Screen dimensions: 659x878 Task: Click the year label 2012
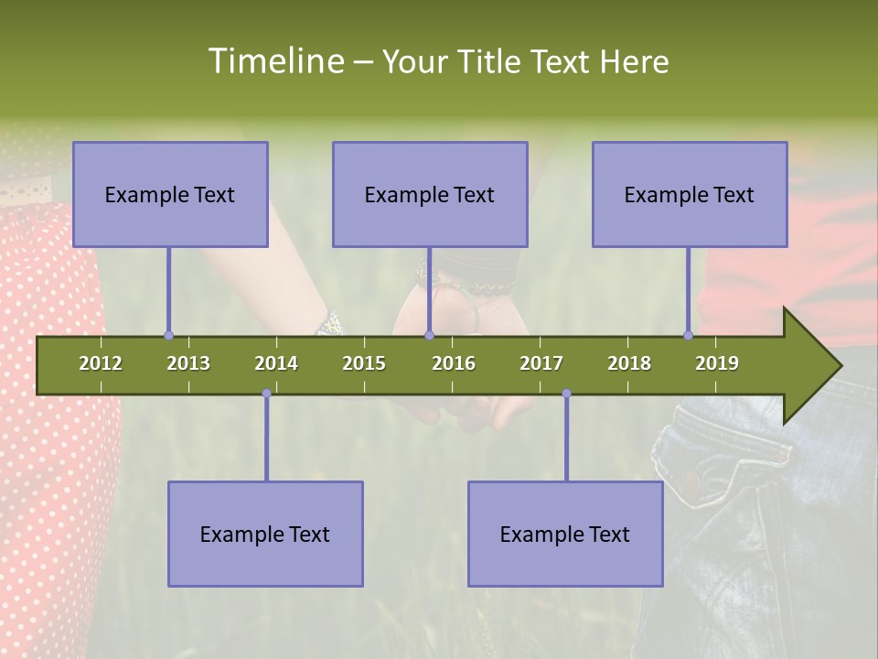[x=101, y=363]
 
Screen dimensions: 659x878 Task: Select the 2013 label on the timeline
[x=188, y=363]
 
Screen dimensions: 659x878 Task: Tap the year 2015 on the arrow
[x=364, y=363]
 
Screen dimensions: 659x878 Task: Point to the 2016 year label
[x=454, y=363]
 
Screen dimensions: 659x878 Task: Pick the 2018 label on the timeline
[x=629, y=363]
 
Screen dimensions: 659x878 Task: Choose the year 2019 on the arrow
[x=717, y=363]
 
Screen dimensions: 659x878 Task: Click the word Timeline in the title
[x=275, y=61]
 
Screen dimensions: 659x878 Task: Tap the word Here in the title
[x=634, y=61]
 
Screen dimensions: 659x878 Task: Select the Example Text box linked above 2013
[x=170, y=194]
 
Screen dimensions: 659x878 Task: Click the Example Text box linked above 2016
[x=430, y=194]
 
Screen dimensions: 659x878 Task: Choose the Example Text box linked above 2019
[x=690, y=194]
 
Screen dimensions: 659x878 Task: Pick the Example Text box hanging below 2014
[x=265, y=534]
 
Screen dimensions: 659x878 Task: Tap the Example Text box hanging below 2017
[x=565, y=534]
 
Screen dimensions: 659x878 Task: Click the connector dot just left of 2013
[x=168, y=336]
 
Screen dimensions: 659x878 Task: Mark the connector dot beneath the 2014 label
[x=266, y=394]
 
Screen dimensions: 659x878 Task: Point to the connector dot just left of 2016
[x=429, y=336]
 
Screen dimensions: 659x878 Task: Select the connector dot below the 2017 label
[x=566, y=394]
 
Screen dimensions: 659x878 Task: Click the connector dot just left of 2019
[x=689, y=336]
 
